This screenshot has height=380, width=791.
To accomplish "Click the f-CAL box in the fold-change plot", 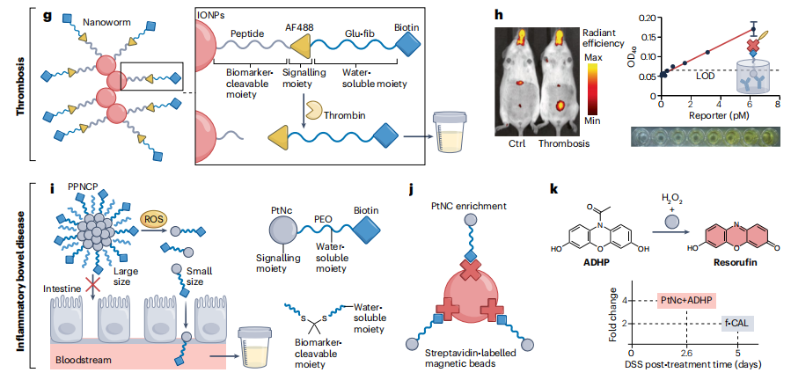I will tap(735, 323).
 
